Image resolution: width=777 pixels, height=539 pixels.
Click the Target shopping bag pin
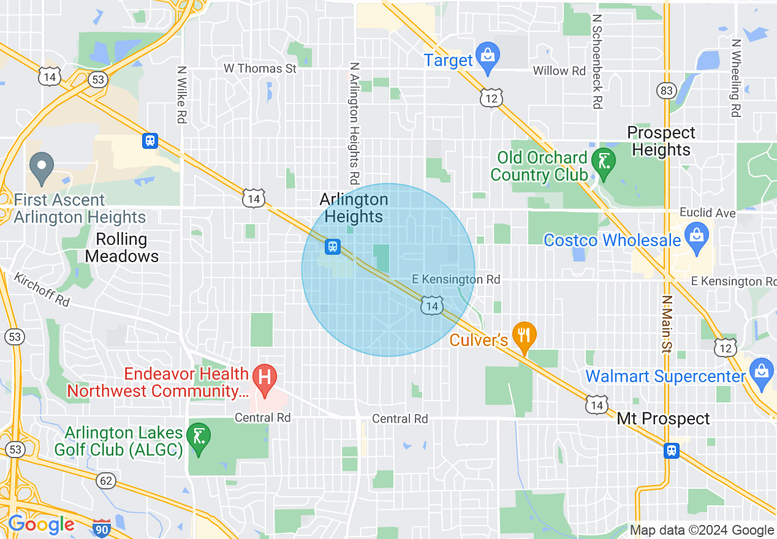click(488, 56)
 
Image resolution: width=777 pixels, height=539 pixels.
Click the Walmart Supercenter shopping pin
click(760, 371)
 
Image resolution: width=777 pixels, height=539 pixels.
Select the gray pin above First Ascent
click(42, 166)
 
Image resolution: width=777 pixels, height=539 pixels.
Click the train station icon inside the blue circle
click(333, 246)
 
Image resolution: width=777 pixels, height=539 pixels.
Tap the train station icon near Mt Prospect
click(672, 451)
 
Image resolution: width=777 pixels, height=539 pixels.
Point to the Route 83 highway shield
click(666, 91)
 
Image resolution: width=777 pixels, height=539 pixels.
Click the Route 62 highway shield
click(106, 481)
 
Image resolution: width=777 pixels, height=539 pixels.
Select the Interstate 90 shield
click(102, 527)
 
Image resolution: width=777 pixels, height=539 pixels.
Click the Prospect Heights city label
click(661, 141)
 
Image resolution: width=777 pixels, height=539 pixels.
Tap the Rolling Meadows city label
click(122, 247)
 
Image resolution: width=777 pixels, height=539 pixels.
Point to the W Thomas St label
click(260, 69)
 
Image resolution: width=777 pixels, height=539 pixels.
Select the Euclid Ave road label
click(707, 213)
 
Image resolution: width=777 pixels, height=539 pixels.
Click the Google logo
click(41, 524)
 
